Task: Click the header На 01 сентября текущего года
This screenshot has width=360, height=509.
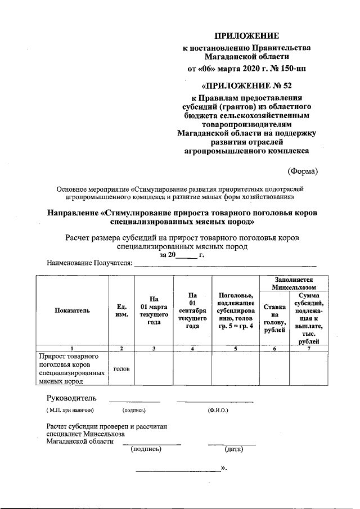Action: pos(192,310)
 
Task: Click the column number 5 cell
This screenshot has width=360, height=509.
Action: pos(235,349)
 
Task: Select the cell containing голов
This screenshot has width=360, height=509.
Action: pos(121,369)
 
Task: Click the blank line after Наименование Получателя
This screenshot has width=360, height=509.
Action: pos(225,262)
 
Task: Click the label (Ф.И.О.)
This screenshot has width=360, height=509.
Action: pos(218,411)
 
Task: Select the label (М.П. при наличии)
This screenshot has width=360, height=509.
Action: pos(70,411)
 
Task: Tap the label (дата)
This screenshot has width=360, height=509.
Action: pos(233,449)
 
